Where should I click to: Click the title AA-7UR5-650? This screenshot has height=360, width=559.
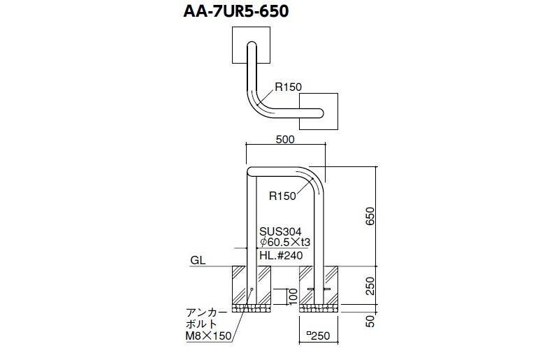(235, 11)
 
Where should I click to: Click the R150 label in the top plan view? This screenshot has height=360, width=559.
(288, 87)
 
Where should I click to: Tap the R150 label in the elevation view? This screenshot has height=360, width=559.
(282, 196)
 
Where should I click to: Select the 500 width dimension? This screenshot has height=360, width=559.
(285, 139)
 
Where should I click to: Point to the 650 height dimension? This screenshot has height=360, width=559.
(370, 216)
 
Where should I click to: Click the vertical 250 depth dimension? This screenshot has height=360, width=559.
(370, 286)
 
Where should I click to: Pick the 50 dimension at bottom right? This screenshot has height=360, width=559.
(370, 321)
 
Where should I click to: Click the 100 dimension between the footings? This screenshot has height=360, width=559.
(293, 296)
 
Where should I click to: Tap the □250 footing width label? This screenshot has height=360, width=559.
(319, 336)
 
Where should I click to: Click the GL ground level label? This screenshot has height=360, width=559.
(198, 261)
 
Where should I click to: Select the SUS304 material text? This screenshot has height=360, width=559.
(281, 231)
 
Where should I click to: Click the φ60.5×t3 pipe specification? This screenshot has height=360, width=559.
(285, 242)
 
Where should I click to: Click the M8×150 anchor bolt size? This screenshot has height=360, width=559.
(208, 336)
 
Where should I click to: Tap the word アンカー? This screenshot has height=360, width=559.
(206, 313)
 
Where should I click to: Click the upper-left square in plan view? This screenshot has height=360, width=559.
(251, 45)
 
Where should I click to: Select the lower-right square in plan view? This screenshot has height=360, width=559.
(319, 111)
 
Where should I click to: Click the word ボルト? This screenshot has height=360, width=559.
(201, 324)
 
